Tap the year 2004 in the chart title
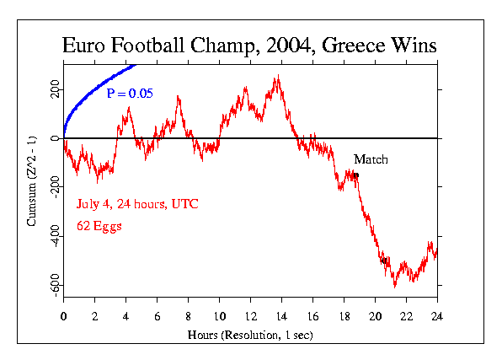coord(292,46)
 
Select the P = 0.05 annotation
coord(130,94)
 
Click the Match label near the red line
coord(371,159)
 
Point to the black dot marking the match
coord(356,175)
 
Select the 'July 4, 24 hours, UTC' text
coord(137,204)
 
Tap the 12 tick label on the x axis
coord(250,316)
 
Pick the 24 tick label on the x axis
coord(437,316)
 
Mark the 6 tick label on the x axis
coord(157,316)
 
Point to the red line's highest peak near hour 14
coord(277,77)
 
